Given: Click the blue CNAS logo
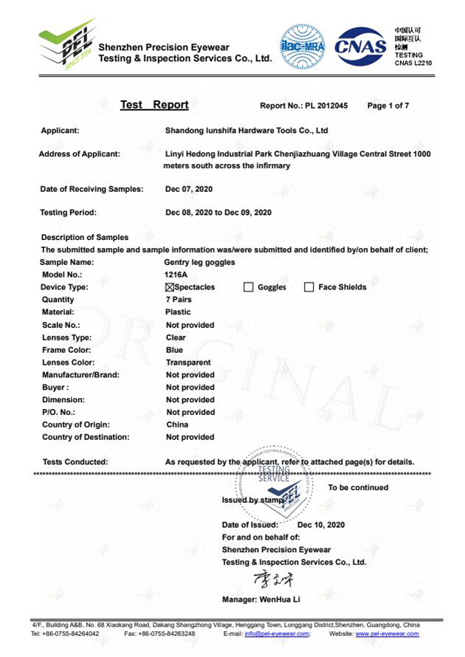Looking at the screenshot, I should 361,47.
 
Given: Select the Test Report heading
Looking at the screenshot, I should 154,105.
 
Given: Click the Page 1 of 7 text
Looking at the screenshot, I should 388,106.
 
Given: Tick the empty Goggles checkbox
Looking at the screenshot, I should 248,287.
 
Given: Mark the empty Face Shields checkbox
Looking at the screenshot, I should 309,287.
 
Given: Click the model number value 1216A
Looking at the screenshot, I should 176,275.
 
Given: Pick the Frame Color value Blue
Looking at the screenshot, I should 175,350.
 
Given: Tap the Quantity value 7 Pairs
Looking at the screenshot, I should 179,300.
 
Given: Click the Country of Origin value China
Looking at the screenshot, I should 177,424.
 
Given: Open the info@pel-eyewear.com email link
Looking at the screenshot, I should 277,634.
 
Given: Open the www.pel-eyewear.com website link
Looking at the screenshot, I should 387,634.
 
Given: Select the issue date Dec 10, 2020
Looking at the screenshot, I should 321,525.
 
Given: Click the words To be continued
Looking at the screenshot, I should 358,488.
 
